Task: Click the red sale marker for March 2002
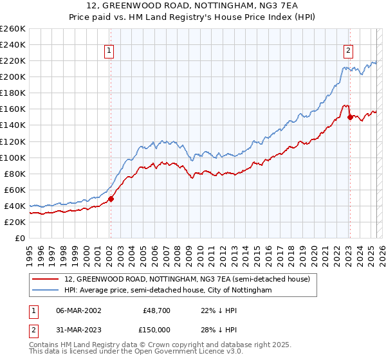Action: coord(111,199)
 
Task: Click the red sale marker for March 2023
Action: coord(349,117)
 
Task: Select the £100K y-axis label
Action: coord(13,157)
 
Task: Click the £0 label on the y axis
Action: coord(19,238)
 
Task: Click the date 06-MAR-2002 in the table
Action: coord(78,310)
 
